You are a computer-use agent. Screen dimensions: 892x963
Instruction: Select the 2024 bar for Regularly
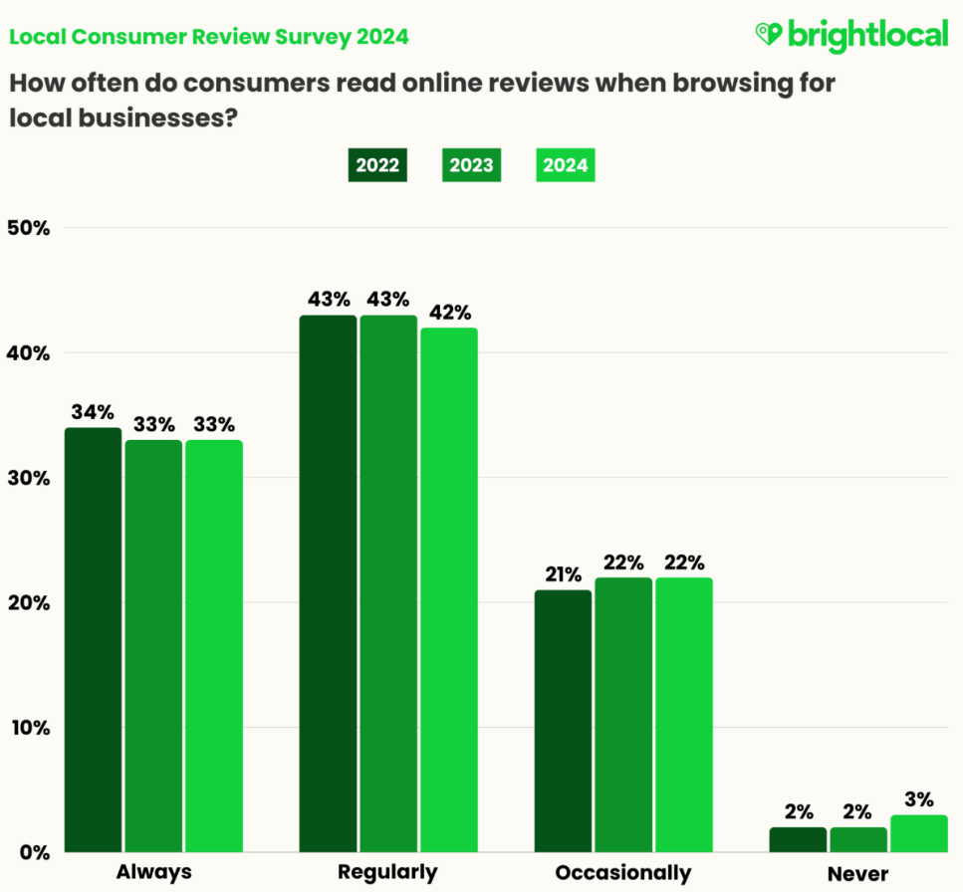click(x=448, y=589)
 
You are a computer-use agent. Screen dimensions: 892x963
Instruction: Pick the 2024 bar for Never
click(x=919, y=833)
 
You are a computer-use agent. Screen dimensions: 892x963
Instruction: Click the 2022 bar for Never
click(x=798, y=839)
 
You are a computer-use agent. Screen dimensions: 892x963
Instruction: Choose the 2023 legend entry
click(x=471, y=165)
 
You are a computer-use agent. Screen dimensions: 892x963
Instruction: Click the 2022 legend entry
click(x=378, y=165)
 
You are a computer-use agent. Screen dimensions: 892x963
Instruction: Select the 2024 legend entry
click(x=566, y=165)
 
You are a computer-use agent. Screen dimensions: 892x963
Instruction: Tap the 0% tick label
click(x=33, y=852)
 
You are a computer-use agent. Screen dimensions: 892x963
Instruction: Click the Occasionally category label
click(x=623, y=873)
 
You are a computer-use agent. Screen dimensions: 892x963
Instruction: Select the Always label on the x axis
click(x=153, y=873)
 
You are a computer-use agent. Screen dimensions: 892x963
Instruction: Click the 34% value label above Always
click(x=93, y=412)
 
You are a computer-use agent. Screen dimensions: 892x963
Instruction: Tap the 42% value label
click(x=450, y=312)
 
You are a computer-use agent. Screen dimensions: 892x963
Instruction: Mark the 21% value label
click(x=564, y=574)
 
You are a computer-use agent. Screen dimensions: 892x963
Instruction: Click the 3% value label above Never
click(x=919, y=799)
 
